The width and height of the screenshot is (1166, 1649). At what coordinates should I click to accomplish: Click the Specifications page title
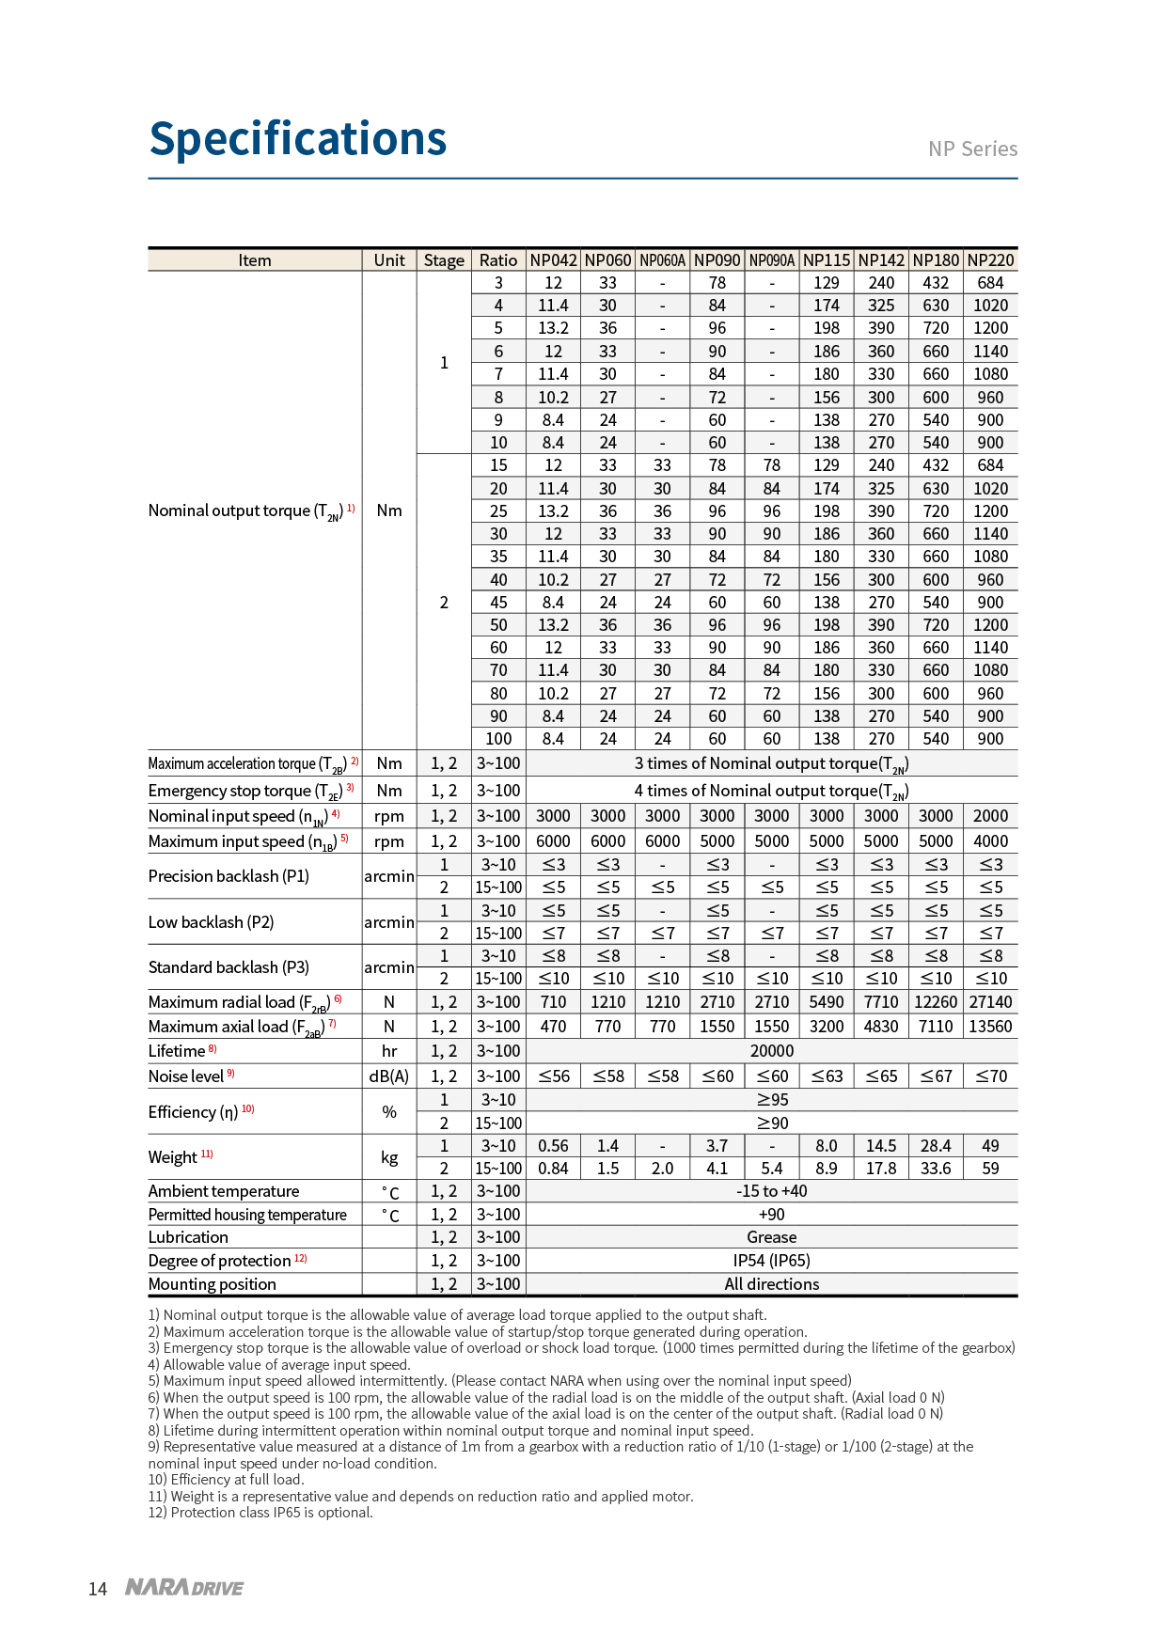[297, 139]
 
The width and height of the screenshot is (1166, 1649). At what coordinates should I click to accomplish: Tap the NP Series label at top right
[972, 149]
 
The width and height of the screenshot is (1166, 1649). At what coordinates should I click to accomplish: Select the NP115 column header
[826, 260]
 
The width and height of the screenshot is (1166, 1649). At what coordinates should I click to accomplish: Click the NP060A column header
[662, 260]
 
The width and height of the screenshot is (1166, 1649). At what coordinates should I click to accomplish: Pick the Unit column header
[389, 260]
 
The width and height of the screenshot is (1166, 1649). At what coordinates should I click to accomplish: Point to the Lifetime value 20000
[771, 1051]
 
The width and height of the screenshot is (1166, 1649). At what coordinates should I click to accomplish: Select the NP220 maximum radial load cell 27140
[990, 1002]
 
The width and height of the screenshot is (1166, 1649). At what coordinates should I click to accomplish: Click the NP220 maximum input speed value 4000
[990, 841]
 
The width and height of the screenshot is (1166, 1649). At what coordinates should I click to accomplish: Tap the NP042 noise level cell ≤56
[553, 1076]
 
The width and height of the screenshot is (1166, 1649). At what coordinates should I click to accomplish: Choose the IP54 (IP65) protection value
[771, 1261]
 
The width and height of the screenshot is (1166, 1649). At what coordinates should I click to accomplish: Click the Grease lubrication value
[771, 1237]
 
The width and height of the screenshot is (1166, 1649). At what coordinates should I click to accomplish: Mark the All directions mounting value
[771, 1284]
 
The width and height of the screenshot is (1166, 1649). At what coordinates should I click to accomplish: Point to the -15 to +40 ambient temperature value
[771, 1191]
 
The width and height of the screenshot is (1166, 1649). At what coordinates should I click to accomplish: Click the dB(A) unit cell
[389, 1076]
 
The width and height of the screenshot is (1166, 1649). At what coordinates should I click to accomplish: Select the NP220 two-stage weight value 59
[990, 1169]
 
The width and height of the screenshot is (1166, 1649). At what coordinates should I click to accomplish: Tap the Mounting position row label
[213, 1284]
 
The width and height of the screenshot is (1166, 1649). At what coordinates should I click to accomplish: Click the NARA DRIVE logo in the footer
[184, 1588]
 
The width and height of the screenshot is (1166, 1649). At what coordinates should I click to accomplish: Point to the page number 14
[98, 1589]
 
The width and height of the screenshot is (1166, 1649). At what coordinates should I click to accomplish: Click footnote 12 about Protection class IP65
[260, 1513]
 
